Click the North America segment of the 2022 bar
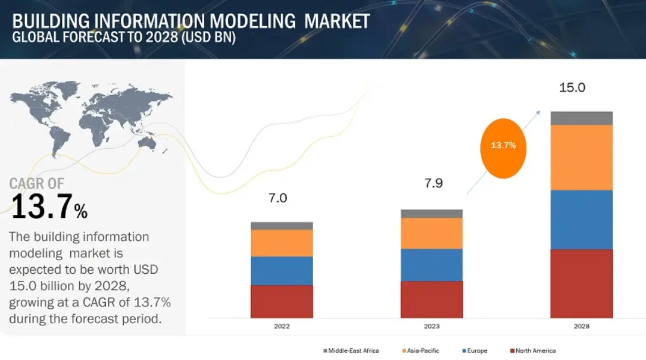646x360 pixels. [x=282, y=301]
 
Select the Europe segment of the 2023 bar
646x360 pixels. [x=432, y=265]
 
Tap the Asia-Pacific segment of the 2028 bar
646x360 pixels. [x=581, y=157]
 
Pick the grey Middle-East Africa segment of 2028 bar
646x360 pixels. [x=581, y=118]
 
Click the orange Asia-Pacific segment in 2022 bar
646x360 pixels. [x=282, y=243]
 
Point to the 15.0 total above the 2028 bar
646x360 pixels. [x=572, y=88]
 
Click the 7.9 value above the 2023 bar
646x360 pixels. [x=433, y=183]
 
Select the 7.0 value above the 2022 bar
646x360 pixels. [x=278, y=198]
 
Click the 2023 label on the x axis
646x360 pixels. [x=432, y=327]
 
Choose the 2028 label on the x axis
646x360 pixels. [x=581, y=327]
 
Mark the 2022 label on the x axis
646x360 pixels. [x=282, y=327]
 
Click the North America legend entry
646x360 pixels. [x=535, y=350]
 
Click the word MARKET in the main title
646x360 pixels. [x=337, y=21]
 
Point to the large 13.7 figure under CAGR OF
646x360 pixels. [x=42, y=208]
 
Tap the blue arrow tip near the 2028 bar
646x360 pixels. [x=539, y=111]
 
